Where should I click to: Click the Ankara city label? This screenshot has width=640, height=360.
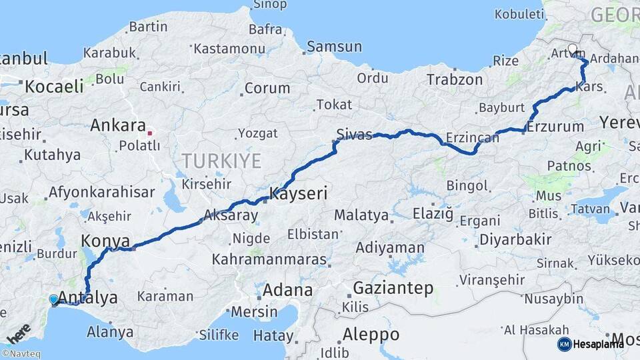[x=117, y=125]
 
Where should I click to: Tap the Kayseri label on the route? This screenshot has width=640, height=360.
[x=298, y=195]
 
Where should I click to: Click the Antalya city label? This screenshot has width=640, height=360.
[x=89, y=297]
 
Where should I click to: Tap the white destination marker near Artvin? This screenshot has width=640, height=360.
[x=573, y=49]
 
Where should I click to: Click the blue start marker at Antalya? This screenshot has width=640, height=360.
[x=54, y=299]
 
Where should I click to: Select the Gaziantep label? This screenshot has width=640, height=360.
[x=393, y=289]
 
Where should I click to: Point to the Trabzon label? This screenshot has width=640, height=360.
[x=455, y=79]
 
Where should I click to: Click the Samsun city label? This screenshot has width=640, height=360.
[x=335, y=47]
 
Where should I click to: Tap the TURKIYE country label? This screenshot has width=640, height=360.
[x=221, y=160]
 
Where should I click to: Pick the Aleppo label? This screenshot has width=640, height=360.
[x=371, y=334]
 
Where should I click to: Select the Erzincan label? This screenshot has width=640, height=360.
[x=473, y=137]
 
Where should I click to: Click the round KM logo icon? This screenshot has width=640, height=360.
[x=564, y=344]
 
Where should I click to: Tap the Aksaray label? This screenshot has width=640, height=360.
[x=230, y=215]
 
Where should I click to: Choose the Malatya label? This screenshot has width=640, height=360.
[x=361, y=215]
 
